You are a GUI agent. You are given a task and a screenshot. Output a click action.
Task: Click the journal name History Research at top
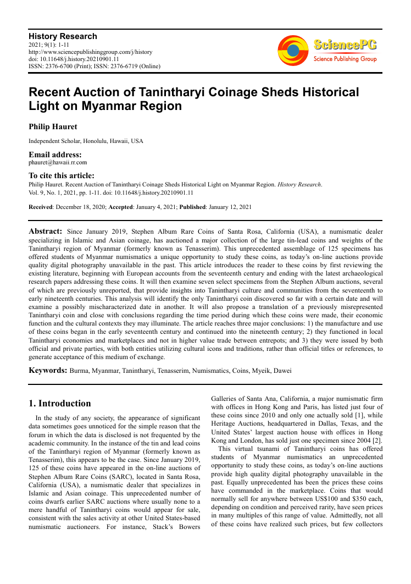point(63,36)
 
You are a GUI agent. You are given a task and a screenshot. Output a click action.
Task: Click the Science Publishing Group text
point(345,59)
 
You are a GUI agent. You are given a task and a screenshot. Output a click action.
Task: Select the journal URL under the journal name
point(91,52)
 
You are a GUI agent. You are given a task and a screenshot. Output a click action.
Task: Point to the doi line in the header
point(74,59)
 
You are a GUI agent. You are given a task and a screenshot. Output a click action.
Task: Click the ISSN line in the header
point(95,67)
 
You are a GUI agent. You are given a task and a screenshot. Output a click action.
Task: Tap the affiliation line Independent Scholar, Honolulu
point(86,141)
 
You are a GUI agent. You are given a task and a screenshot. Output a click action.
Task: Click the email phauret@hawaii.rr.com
point(58,162)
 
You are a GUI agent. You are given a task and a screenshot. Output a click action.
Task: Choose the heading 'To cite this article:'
point(62,176)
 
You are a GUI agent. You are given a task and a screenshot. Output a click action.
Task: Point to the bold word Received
point(41,207)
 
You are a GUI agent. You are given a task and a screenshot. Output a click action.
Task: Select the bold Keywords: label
point(48,371)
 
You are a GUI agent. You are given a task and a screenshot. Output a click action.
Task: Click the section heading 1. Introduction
point(60,404)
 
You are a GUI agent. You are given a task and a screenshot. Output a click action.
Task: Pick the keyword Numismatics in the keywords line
point(210,371)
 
